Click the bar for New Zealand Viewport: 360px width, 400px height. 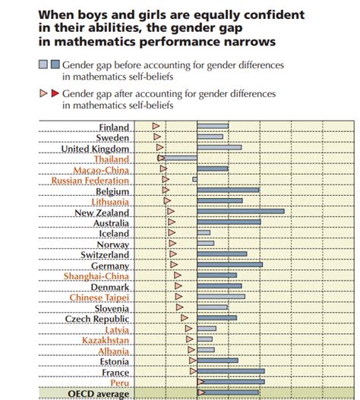tap(240, 212)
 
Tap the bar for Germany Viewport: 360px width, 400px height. tap(229, 265)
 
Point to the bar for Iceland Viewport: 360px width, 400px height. tap(204, 233)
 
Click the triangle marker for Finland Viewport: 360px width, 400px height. tap(156, 126)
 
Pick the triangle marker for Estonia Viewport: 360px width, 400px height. tap(192, 361)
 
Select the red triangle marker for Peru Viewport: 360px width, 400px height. tap(201, 382)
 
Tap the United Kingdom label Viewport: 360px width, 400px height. tap(95, 149)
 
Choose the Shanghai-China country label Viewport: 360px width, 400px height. tap(96, 276)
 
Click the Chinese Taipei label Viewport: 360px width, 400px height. tap(99, 298)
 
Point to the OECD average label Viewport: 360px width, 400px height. tap(99, 393)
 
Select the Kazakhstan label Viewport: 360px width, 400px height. tap(106, 340)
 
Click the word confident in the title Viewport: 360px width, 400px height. tap(248, 14)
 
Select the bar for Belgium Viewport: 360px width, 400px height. tap(228, 191)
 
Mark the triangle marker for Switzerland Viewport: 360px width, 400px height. tap(173, 254)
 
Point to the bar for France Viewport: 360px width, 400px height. tap(230, 372)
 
